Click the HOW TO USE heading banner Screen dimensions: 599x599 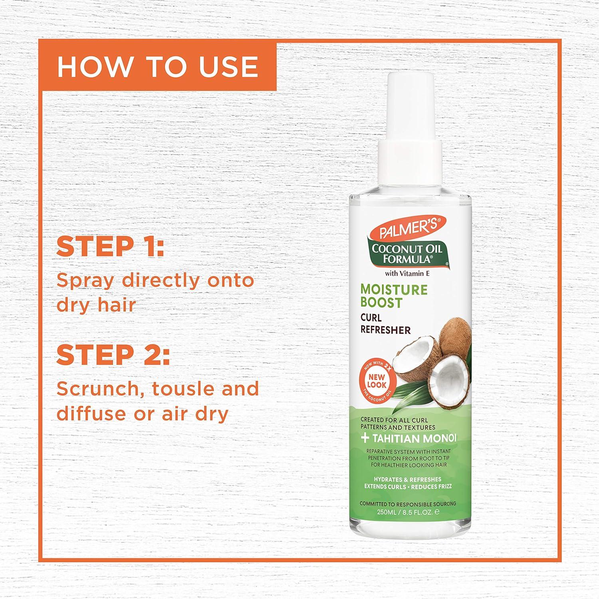point(157,66)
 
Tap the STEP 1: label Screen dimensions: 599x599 point(110,247)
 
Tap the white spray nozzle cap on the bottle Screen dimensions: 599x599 point(409,112)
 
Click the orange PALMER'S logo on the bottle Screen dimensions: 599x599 point(406,230)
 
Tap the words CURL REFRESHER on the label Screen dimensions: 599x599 point(385,324)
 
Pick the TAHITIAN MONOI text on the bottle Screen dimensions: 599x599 point(414,438)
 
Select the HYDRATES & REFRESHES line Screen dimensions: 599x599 point(408,479)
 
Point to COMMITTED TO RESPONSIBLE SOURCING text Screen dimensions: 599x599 point(408,504)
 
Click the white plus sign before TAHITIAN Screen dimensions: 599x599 point(365,438)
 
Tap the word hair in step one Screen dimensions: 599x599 point(119,305)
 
